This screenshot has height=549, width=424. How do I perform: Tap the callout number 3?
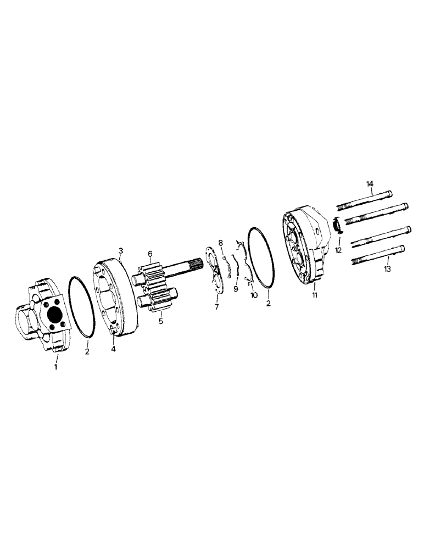click(121, 251)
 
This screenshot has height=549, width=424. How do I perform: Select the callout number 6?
click(149, 254)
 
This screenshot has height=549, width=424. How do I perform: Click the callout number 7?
click(216, 307)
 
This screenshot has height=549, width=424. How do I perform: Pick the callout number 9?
click(236, 288)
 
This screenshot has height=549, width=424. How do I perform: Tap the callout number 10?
click(253, 295)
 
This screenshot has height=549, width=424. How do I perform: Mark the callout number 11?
click(314, 295)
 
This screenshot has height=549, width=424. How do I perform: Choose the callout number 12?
click(338, 250)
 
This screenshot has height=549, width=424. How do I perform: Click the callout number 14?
click(369, 183)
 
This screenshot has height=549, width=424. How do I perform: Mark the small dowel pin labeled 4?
click(114, 329)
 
